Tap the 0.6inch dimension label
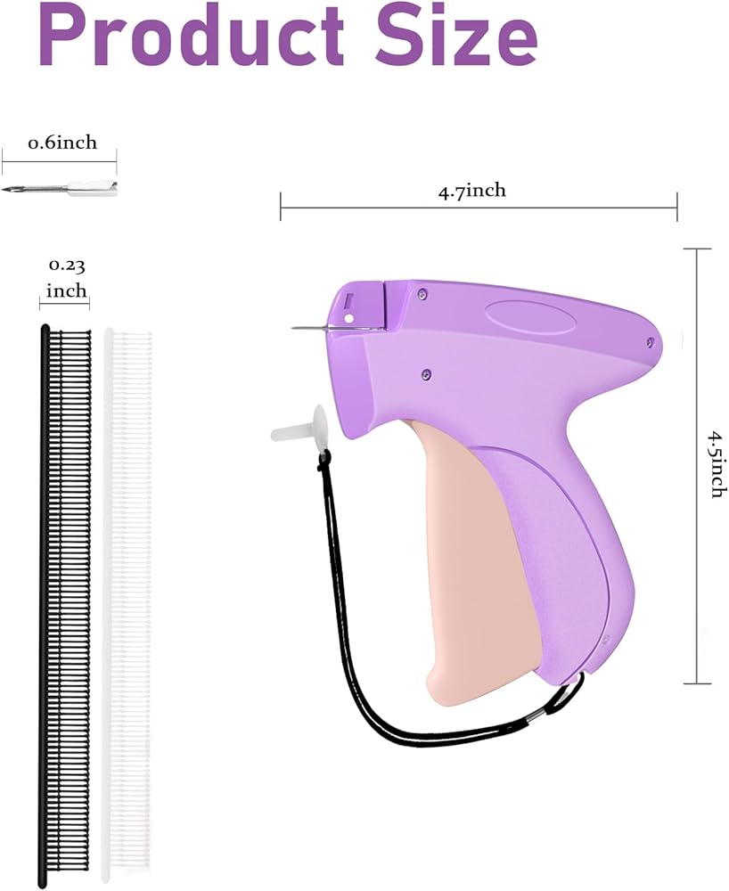[62, 142]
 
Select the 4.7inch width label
[471, 191]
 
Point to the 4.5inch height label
[717, 465]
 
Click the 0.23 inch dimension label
[67, 278]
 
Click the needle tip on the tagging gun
[293, 329]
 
